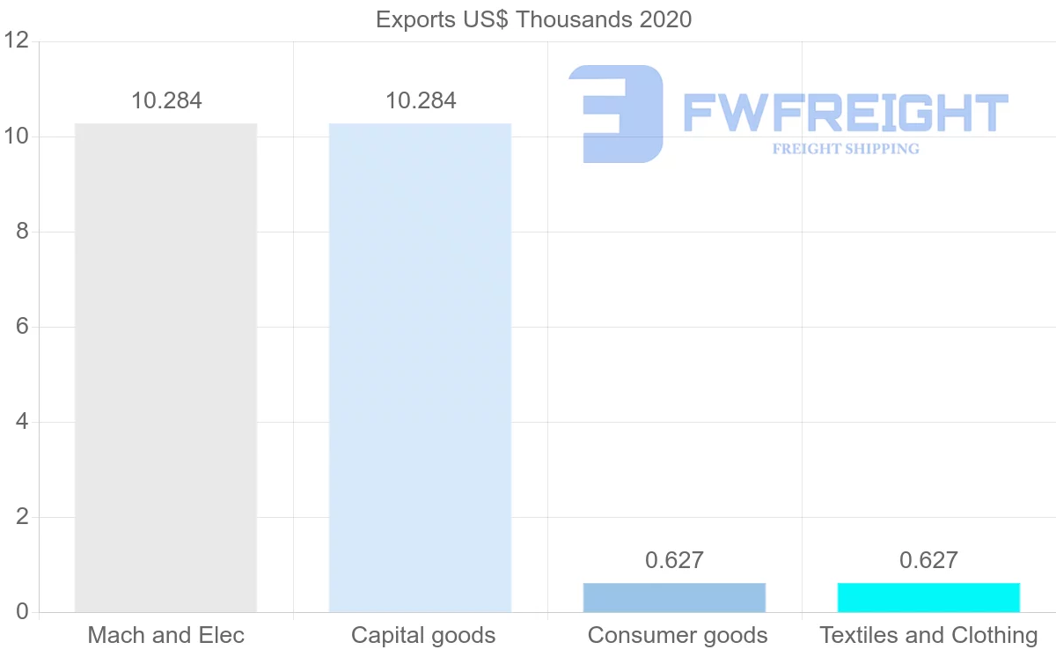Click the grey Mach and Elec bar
165,367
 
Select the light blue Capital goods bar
420,367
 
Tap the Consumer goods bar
674,597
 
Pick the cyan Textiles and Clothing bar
928,597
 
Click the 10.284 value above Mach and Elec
166,100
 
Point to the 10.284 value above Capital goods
421,100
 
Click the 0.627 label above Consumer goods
674,560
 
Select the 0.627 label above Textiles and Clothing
928,560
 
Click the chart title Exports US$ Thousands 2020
533,19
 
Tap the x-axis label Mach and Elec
165,635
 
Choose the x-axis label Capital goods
422,635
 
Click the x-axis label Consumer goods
677,635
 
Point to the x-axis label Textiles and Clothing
928,635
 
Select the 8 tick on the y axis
22,232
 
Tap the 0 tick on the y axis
22,612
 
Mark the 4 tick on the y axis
22,422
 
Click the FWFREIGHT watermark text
845,114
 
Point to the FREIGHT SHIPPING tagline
845,149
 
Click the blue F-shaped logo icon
616,114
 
